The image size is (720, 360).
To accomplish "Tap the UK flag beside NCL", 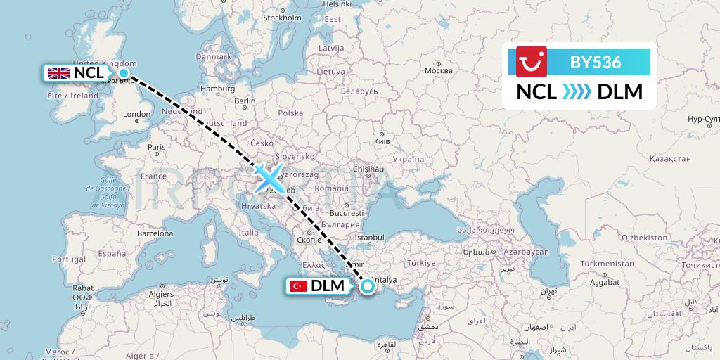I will [58, 72].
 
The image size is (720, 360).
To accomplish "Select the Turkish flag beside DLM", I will [299, 286].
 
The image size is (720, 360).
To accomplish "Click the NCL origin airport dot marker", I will [124, 72].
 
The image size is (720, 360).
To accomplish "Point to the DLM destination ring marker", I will [367, 286].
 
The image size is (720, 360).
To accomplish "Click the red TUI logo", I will [532, 62].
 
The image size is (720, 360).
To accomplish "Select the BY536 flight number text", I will [596, 62].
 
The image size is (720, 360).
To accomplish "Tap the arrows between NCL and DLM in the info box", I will [577, 92].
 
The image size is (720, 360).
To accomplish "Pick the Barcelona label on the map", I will [155, 233].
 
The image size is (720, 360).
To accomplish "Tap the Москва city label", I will [439, 71].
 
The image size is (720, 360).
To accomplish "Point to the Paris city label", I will [157, 147].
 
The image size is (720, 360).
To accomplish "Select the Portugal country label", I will [68, 259].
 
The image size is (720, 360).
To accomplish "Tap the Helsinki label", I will [337, 4].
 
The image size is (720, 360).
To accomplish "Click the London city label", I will [136, 114].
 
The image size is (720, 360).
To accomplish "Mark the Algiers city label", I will [161, 294].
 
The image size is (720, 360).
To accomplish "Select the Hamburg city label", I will [217, 89].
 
